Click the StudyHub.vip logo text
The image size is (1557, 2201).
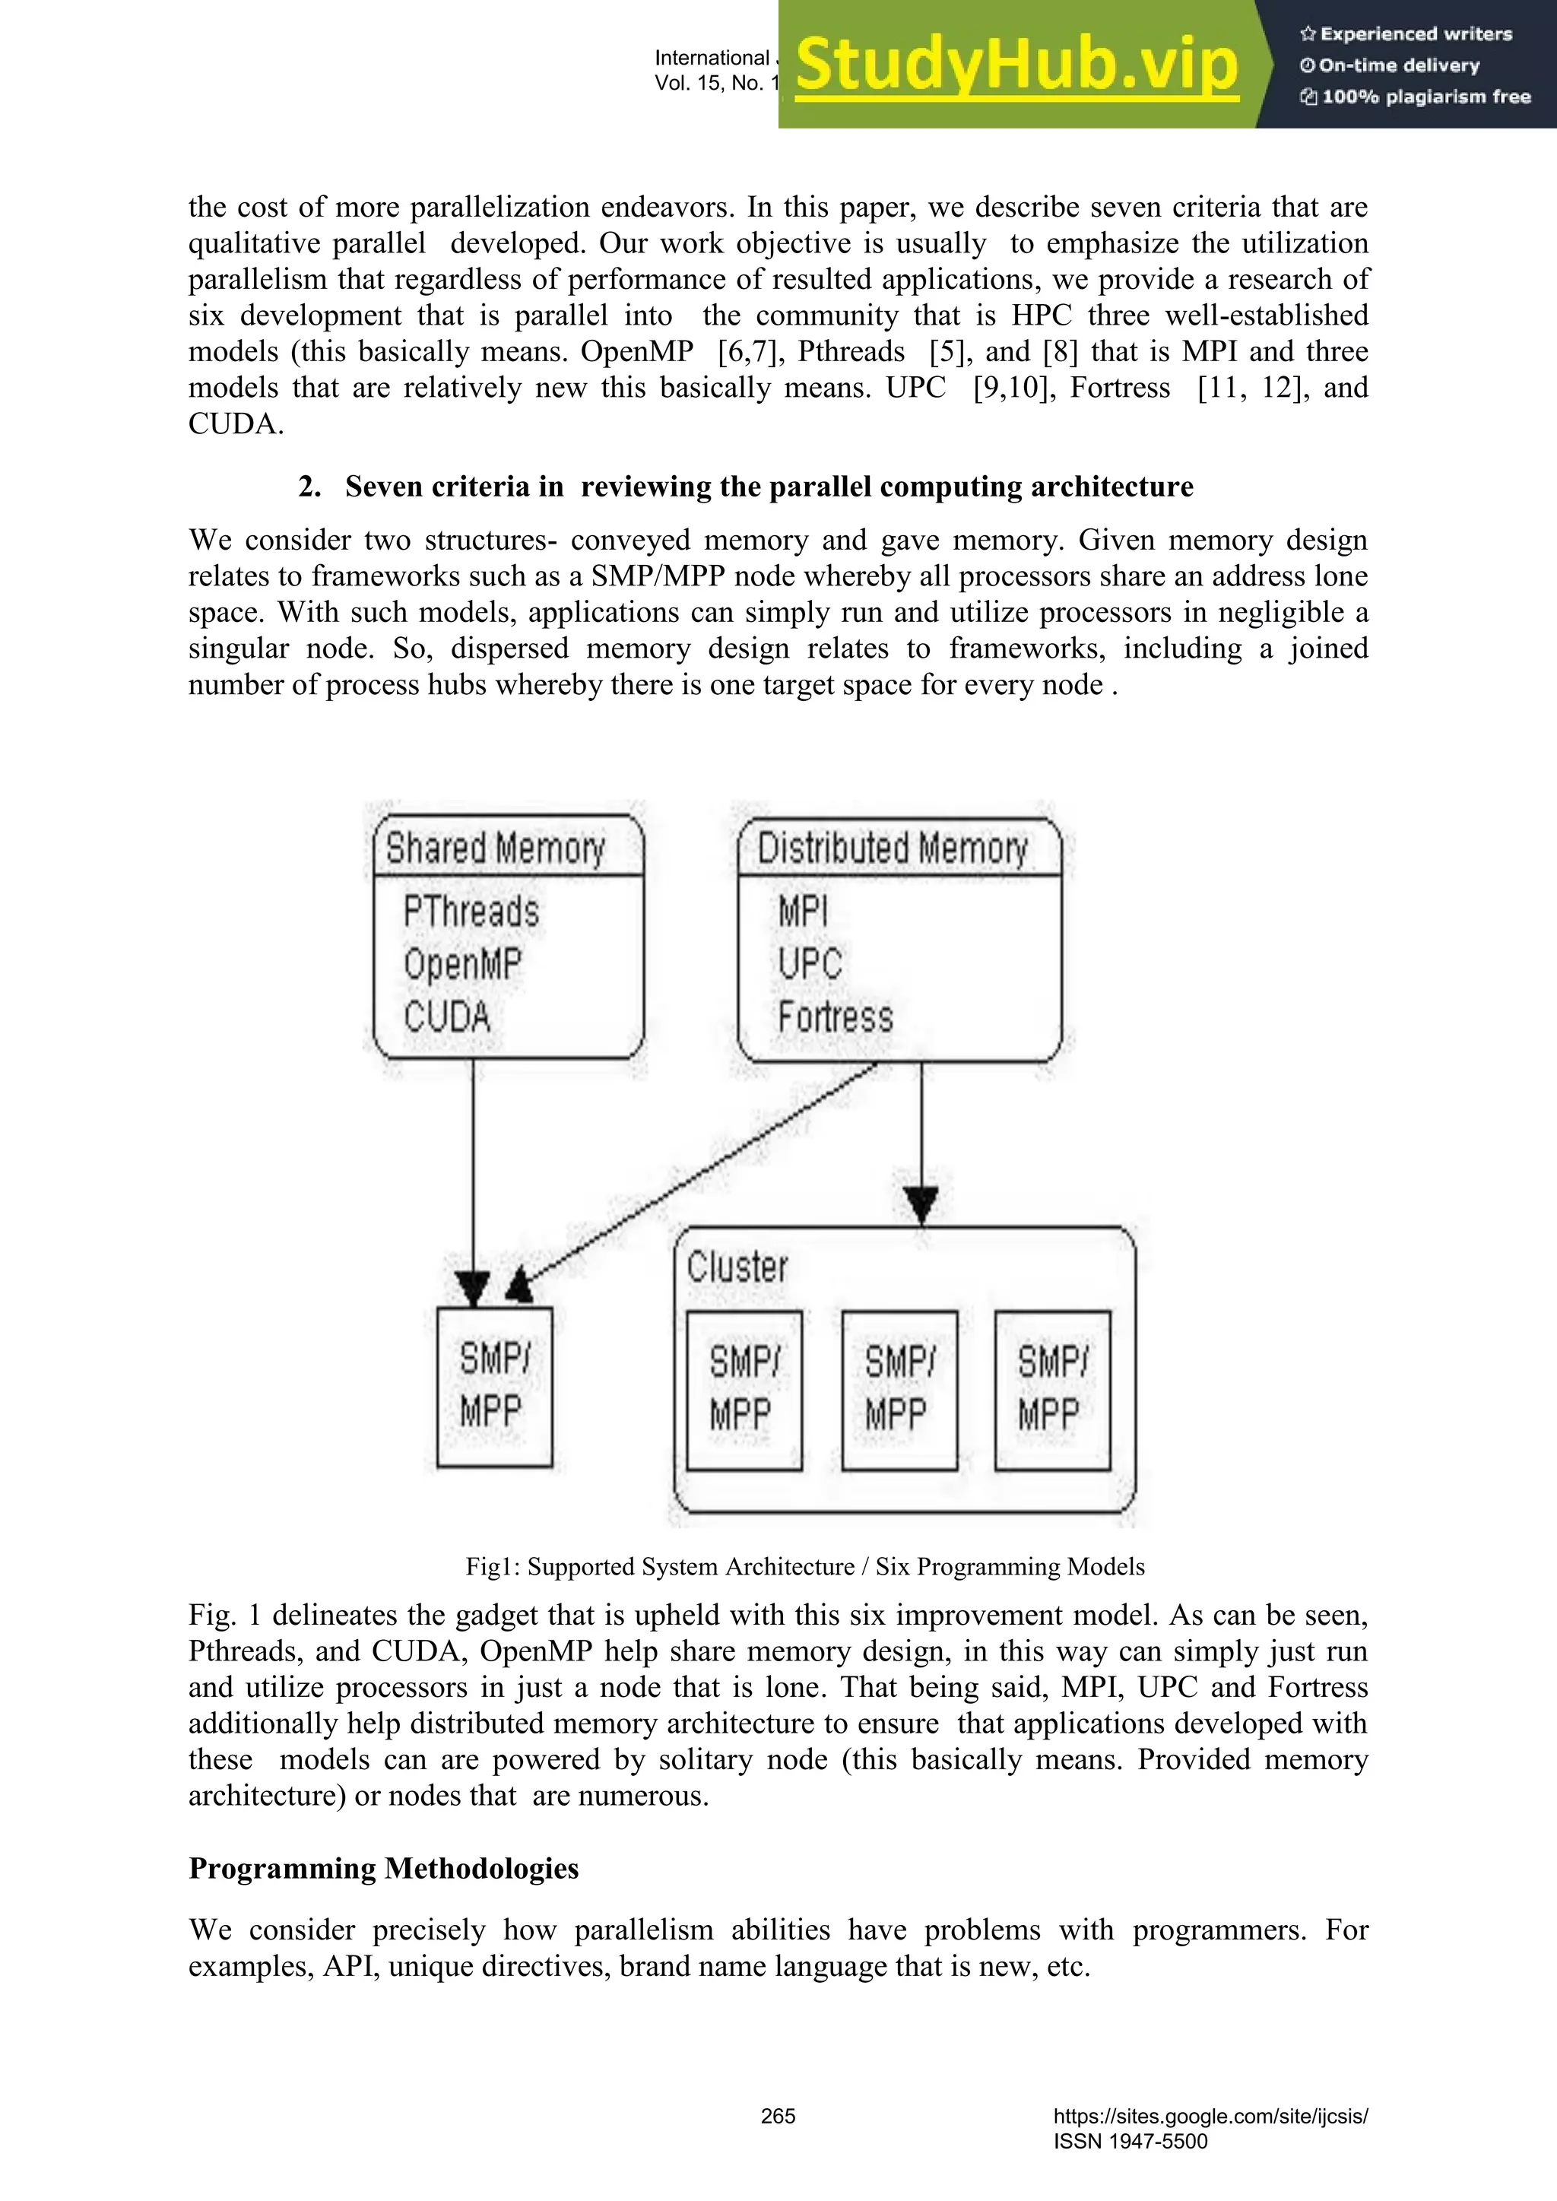[x=1016, y=65]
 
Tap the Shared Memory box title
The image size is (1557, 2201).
[x=496, y=848]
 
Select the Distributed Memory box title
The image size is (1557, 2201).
[x=893, y=848]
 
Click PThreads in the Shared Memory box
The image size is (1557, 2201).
[x=471, y=911]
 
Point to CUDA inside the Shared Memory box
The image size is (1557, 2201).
[x=447, y=1017]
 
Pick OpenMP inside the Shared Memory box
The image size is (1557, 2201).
[x=463, y=964]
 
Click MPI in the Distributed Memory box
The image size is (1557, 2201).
[x=803, y=911]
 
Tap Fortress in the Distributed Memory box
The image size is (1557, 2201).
[x=835, y=1017]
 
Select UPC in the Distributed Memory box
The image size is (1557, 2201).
[x=810, y=964]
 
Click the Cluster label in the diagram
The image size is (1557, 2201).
[x=737, y=1267]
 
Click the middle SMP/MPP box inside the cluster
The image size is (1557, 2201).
[x=899, y=1390]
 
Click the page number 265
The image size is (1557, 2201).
[x=778, y=2116]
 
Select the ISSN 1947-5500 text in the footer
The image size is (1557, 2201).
[x=1130, y=2141]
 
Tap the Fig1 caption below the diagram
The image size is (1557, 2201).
[x=804, y=1566]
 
